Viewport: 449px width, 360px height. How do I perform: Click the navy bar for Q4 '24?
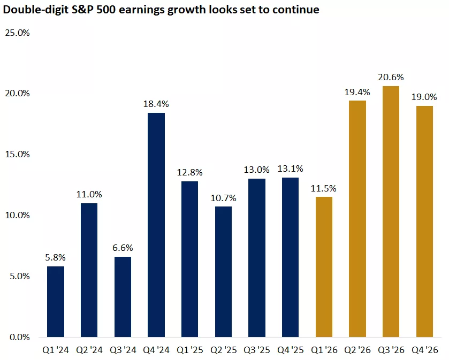pos(156,225)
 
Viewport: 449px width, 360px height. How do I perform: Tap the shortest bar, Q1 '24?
pos(56,302)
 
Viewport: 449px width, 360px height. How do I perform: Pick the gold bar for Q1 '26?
pos(324,267)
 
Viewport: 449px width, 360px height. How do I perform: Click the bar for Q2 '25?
pos(223,272)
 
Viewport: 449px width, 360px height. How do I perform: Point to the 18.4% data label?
pos(156,104)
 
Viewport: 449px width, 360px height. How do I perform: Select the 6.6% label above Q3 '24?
pos(123,248)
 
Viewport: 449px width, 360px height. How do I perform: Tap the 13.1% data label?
pos(291,168)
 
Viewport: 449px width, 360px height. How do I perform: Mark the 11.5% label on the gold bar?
pos(324,188)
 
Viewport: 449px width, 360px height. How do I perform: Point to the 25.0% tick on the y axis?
pos(17,33)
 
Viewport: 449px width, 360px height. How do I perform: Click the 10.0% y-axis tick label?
pos(17,216)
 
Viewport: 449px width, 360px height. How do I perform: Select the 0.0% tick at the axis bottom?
pos(19,338)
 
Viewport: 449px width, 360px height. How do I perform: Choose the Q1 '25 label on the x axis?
pos(189,350)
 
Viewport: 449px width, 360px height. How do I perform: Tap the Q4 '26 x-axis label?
pos(425,350)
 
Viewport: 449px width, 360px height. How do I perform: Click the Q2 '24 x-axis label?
pos(89,350)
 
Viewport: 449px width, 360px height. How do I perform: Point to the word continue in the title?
pos(297,10)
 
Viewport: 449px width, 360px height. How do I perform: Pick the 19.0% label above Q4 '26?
pos(425,97)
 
